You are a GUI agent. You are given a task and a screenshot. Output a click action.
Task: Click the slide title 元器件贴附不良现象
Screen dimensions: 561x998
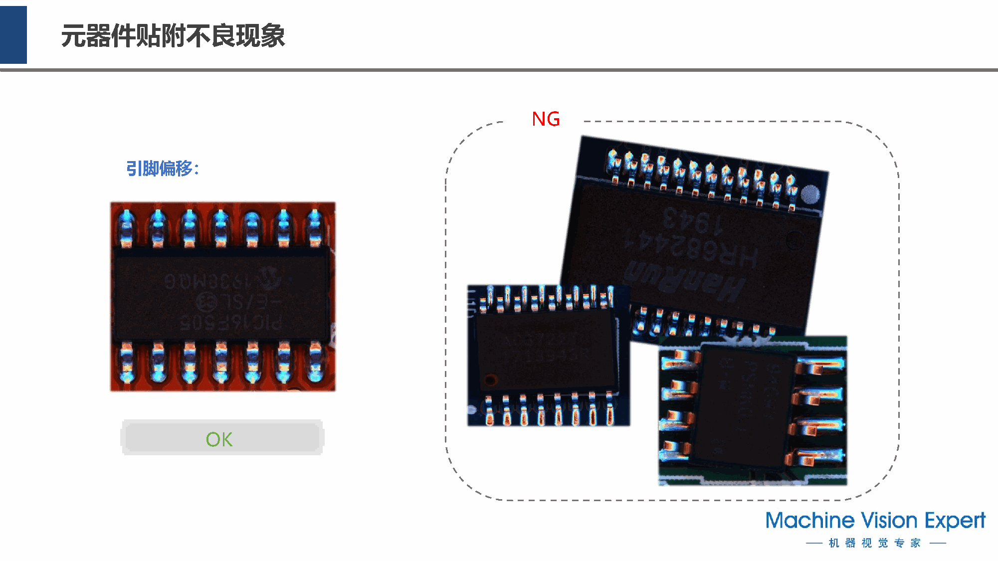173,36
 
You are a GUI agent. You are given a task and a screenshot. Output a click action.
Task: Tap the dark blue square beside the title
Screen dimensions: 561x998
13,35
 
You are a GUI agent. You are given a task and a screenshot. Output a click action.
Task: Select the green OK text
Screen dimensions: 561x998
219,439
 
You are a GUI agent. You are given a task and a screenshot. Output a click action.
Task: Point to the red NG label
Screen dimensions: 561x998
546,119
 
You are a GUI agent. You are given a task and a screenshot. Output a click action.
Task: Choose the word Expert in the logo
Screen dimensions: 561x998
955,521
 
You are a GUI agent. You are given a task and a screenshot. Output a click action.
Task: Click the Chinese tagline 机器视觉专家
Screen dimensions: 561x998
875,543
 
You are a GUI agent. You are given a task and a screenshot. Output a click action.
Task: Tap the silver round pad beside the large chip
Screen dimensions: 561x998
810,194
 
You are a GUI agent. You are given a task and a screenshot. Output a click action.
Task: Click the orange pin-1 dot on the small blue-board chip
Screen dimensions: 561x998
490,380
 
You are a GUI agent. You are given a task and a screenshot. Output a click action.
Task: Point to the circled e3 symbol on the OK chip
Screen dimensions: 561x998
206,301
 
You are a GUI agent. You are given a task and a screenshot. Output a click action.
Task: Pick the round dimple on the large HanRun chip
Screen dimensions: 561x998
795,241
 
